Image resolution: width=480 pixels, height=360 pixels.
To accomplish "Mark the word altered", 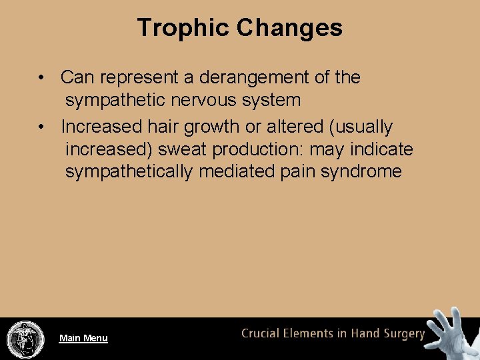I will pyautogui.click(x=297, y=126).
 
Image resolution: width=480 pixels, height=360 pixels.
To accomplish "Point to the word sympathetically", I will pyautogui.click(x=129, y=171).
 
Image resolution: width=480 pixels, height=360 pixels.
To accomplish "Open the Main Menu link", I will pyautogui.click(x=83, y=338).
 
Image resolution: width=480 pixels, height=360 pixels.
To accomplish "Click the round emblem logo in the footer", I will pyautogui.click(x=25, y=339).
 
